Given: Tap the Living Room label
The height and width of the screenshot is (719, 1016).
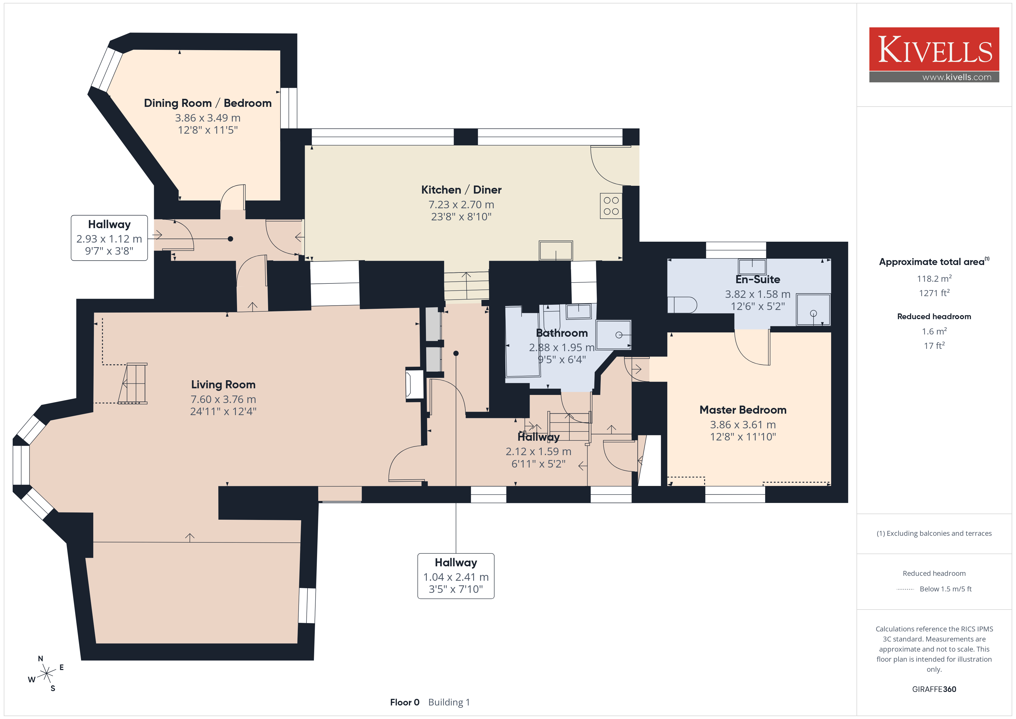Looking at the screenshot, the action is coord(223,384).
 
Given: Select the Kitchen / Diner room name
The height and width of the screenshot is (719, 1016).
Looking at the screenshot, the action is coord(461,190).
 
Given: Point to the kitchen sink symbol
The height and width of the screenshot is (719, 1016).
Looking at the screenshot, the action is coord(556,251).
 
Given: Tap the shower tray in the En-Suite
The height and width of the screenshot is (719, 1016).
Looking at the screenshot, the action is coord(813,309).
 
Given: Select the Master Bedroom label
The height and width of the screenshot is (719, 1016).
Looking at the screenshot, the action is coord(743,410).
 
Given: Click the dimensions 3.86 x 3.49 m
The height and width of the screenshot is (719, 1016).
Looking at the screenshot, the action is coord(208,118).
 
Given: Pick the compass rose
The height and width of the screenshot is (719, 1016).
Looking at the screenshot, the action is coord(46,674).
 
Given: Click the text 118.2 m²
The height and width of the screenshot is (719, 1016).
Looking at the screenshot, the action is coord(934,279).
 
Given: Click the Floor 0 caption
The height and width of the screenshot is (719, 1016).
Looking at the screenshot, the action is coord(404,702).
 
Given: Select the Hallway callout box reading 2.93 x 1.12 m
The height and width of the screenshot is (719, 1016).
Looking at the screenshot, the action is coord(109,238).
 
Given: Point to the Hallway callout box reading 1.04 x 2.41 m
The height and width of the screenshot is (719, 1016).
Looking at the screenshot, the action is coord(456,576).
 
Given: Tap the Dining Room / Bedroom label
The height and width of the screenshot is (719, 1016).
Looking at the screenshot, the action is coord(208,103).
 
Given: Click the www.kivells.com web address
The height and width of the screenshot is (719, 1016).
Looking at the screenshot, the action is coord(957,77).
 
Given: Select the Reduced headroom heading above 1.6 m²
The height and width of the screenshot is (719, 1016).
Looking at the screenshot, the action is coord(934,317).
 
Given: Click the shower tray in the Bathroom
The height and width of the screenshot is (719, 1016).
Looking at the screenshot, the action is coord(613,335).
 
